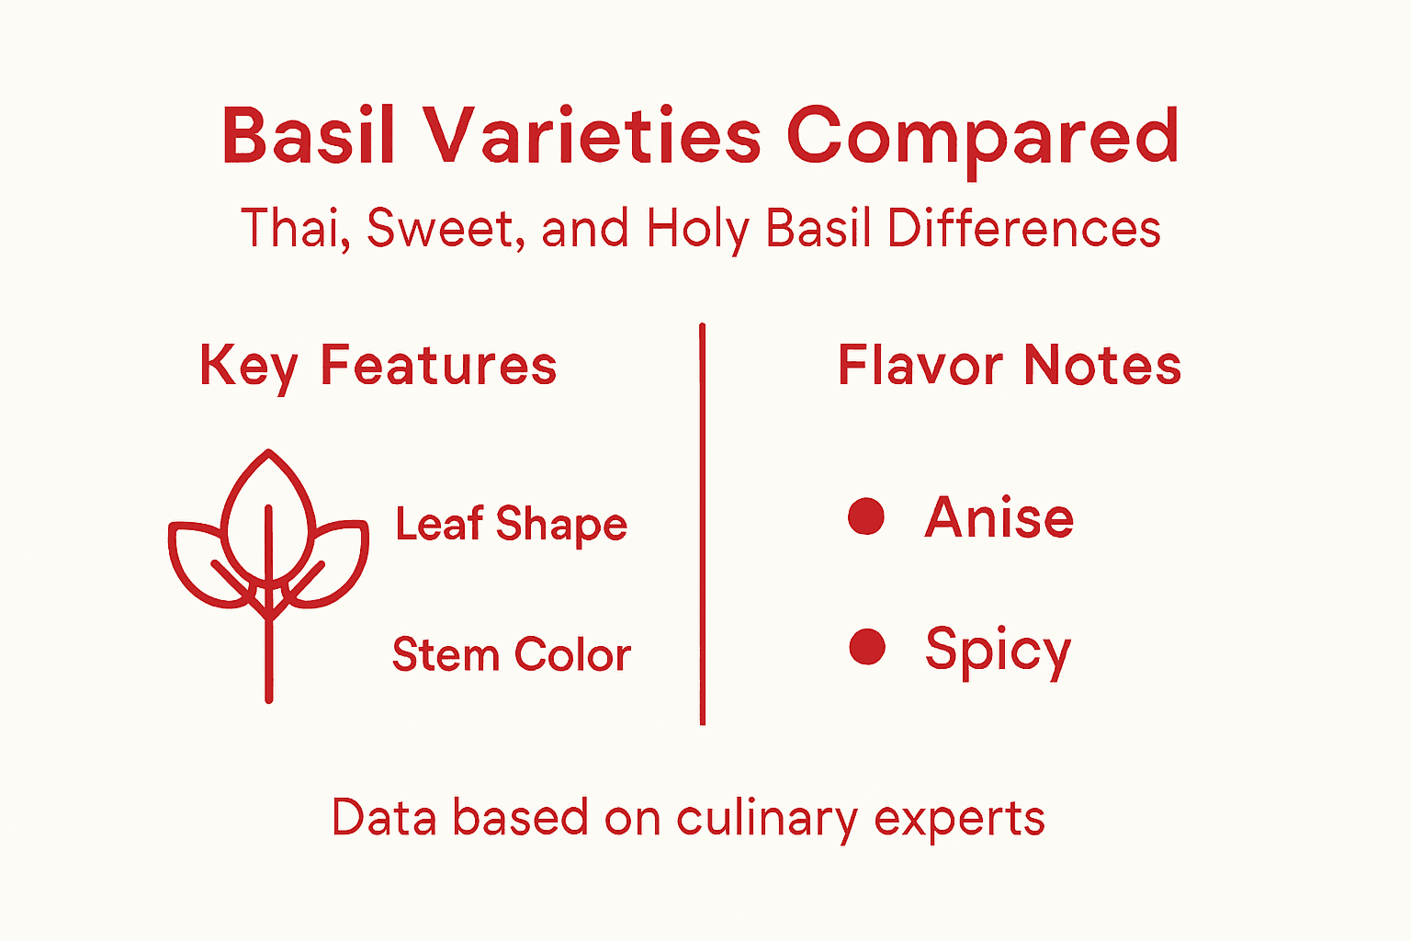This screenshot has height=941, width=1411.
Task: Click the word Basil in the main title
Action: (x=309, y=136)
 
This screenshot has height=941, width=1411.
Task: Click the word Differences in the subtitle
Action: (x=1023, y=228)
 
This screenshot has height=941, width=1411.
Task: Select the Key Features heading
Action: (x=378, y=366)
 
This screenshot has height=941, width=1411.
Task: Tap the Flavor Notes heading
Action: (x=1009, y=365)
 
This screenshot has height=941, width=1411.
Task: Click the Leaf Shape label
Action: (x=511, y=525)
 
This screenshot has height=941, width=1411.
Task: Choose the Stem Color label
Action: (x=511, y=654)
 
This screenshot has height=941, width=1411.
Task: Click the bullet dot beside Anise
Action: (x=866, y=516)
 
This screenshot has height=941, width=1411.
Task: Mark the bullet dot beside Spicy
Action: (x=866, y=647)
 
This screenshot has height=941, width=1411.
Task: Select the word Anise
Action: (x=999, y=517)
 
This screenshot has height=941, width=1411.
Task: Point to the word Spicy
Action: (x=998, y=650)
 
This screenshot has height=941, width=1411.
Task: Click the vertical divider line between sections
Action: (x=702, y=524)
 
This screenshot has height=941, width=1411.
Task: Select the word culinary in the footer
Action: (x=766, y=817)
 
